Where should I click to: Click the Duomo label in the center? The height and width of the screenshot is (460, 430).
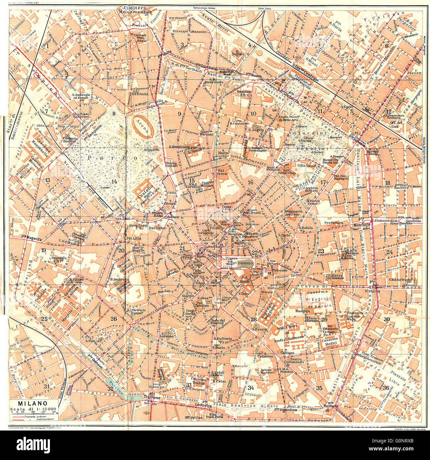click(x=245, y=263)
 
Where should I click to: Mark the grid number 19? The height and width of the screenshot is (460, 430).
click(x=43, y=250)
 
